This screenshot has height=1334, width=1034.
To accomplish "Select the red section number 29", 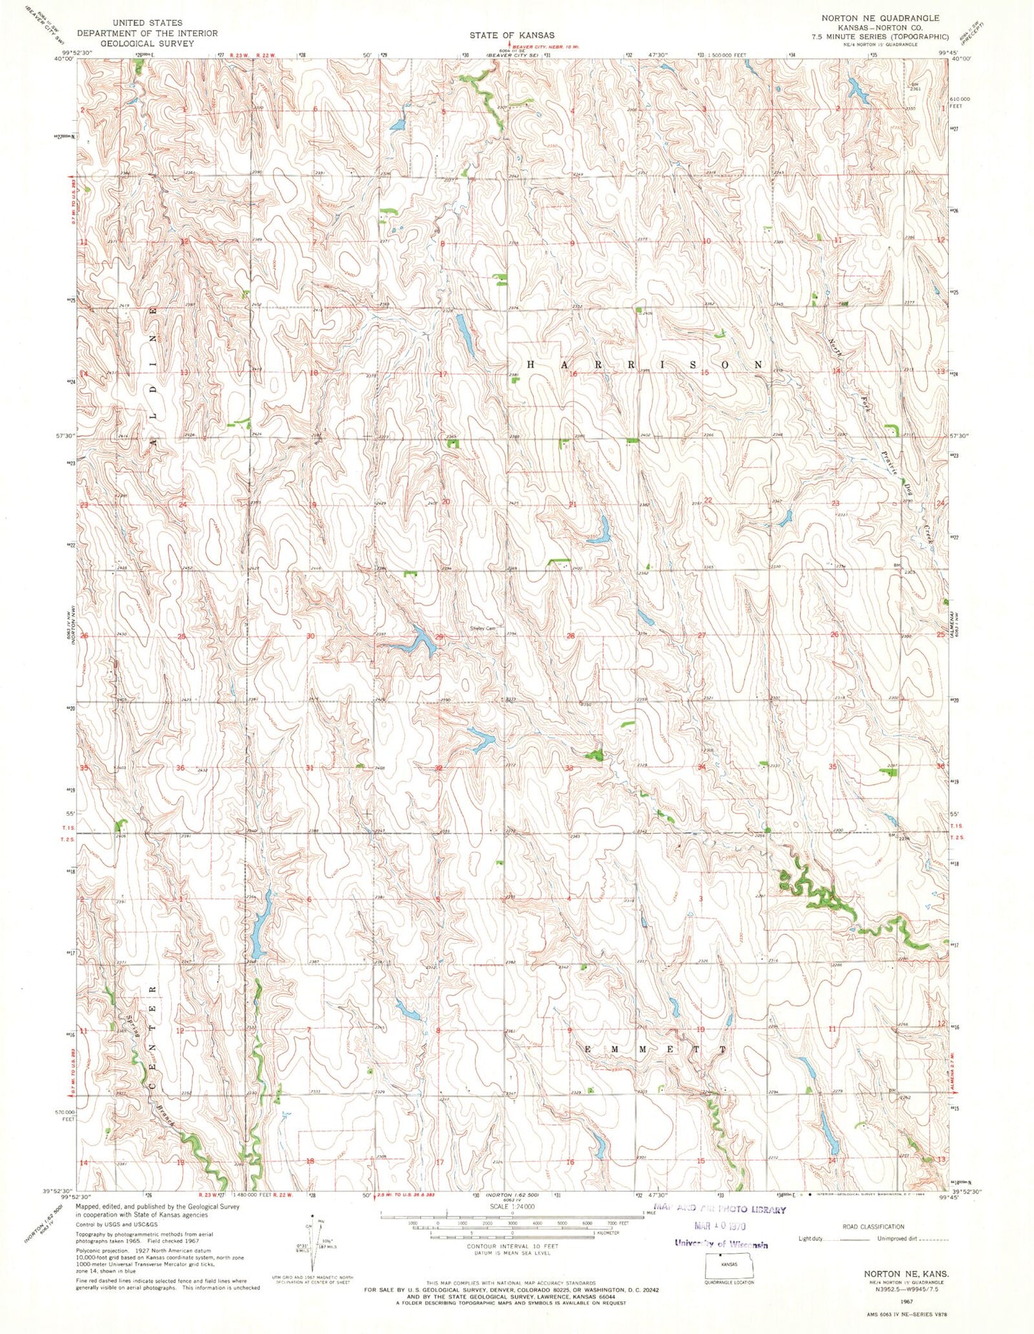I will [439, 636].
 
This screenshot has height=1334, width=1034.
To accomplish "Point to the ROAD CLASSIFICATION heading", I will [873, 1226].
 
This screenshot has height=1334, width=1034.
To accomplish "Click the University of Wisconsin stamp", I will [721, 1244].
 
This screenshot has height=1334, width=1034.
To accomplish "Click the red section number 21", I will [572, 505].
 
